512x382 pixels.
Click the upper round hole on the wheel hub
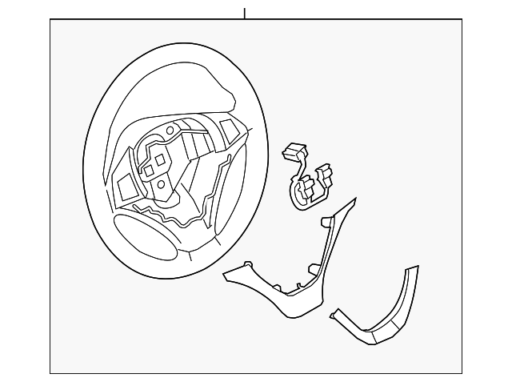click(x=170, y=131)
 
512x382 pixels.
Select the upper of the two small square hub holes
click(x=160, y=159)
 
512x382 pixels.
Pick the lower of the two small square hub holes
click(x=149, y=170)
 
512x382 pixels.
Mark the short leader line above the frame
click(x=245, y=13)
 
